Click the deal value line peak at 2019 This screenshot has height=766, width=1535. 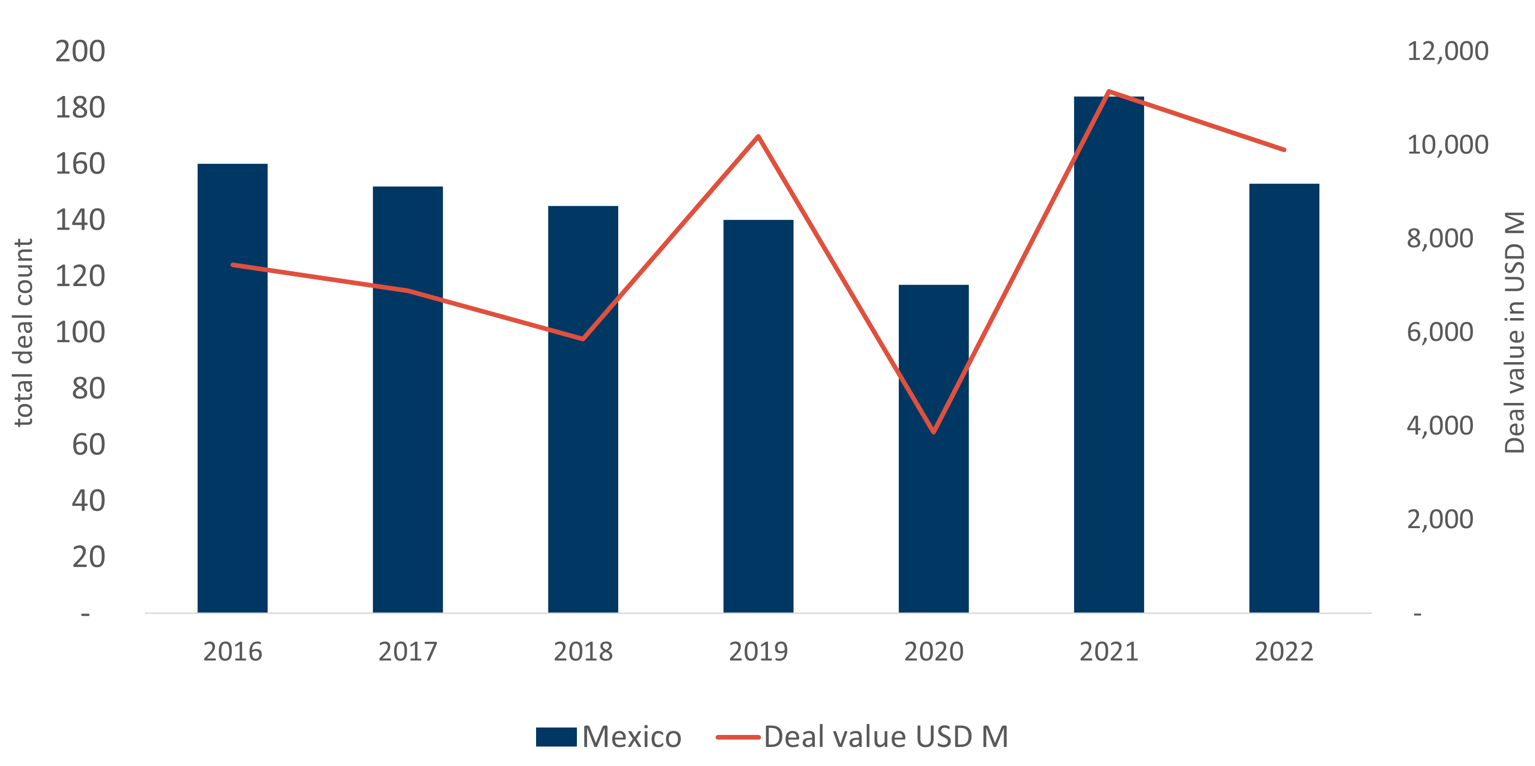[x=758, y=137]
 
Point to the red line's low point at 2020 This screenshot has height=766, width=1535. [x=933, y=432]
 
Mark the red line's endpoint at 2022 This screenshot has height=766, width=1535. [x=1284, y=149]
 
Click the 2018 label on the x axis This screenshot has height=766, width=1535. [x=583, y=651]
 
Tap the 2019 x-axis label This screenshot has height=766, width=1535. [x=758, y=651]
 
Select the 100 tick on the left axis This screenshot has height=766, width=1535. [x=80, y=332]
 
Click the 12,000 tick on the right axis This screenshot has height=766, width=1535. [x=1447, y=51]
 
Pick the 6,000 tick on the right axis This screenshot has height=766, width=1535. [x=1439, y=332]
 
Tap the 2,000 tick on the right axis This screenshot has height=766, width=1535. [x=1439, y=519]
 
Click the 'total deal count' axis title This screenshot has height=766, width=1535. [x=23, y=332]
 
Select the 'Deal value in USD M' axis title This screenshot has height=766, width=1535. [x=1514, y=332]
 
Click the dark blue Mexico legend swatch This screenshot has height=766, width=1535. [x=556, y=737]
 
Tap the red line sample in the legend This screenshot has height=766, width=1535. [x=738, y=737]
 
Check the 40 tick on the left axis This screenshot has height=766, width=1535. [x=88, y=501]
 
